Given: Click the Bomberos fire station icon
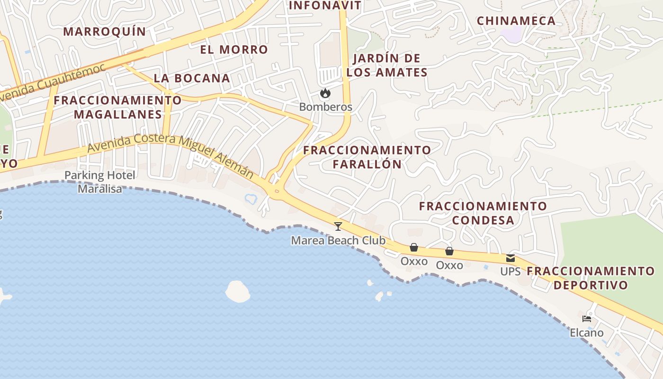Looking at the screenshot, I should (x=325, y=93).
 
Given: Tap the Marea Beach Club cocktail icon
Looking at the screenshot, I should (x=338, y=226).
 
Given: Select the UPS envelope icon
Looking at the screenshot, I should (x=511, y=258).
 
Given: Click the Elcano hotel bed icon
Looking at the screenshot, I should (x=587, y=319).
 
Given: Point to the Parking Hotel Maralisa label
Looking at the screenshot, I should (x=100, y=182).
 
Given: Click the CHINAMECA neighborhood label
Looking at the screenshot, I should (x=516, y=21).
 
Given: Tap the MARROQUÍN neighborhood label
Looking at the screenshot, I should (x=105, y=32).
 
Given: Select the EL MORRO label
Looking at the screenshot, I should (x=234, y=50).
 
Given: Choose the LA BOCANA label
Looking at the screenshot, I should (x=192, y=78).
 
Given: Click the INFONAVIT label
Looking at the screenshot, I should (x=325, y=6).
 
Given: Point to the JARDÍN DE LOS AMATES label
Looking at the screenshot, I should (x=387, y=65).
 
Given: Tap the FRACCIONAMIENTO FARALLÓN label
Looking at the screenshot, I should (x=367, y=157).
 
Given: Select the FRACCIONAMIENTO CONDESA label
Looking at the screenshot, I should (x=483, y=213).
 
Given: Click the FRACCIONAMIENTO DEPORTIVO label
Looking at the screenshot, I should (x=591, y=278).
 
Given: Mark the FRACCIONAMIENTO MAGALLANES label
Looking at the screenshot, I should (x=117, y=108).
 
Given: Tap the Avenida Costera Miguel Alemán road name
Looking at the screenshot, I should (x=170, y=154).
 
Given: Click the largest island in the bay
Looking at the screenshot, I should (x=238, y=291).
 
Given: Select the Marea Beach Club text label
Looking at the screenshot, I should (x=338, y=240).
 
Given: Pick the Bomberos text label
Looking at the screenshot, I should (x=326, y=107).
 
